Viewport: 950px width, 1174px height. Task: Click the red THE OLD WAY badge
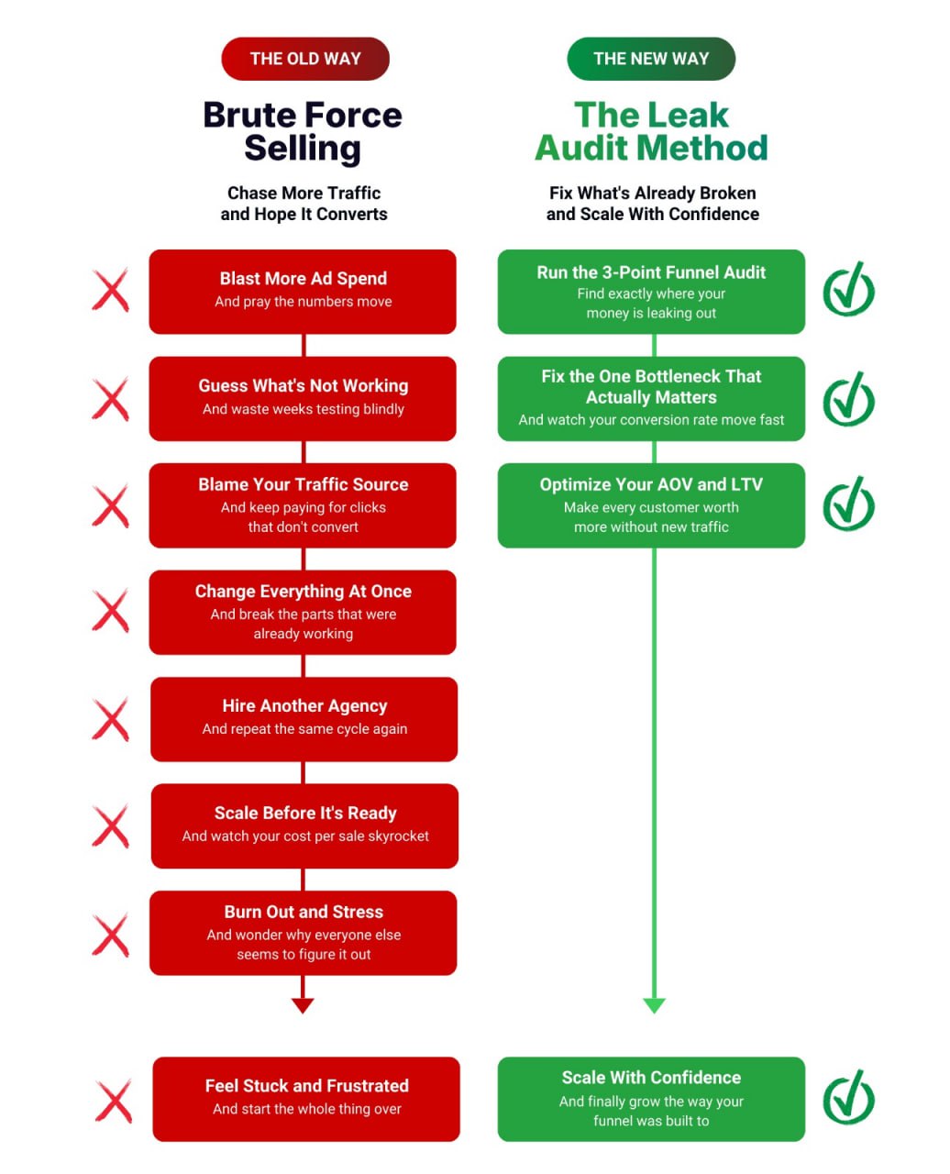tap(305, 59)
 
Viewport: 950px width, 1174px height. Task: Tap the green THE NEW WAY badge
tap(651, 59)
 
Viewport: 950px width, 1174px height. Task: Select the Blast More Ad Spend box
tap(303, 291)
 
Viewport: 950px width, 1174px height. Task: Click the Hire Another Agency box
tap(304, 718)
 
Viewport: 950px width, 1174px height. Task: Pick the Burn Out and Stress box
tap(303, 932)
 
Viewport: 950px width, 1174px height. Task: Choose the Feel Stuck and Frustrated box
tap(306, 1098)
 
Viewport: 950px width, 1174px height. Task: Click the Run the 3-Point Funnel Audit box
tap(651, 291)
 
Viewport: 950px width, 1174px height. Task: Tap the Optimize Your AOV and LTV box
tap(651, 504)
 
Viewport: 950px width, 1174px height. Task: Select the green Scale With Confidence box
tap(651, 1098)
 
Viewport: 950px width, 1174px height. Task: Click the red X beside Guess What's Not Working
tap(111, 401)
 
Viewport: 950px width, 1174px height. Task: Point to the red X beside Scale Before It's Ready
tap(111, 826)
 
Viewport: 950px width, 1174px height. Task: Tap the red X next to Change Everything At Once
tap(111, 611)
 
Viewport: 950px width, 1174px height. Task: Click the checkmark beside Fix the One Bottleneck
tap(848, 399)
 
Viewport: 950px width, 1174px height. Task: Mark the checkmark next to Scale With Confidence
tap(848, 1097)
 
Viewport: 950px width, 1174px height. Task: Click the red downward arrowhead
tap(303, 1005)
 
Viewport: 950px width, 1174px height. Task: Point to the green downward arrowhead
tap(654, 1005)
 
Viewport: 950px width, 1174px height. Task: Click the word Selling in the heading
tap(303, 149)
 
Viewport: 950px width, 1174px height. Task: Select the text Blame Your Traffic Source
tap(304, 484)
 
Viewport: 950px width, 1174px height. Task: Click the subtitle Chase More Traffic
tap(304, 193)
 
